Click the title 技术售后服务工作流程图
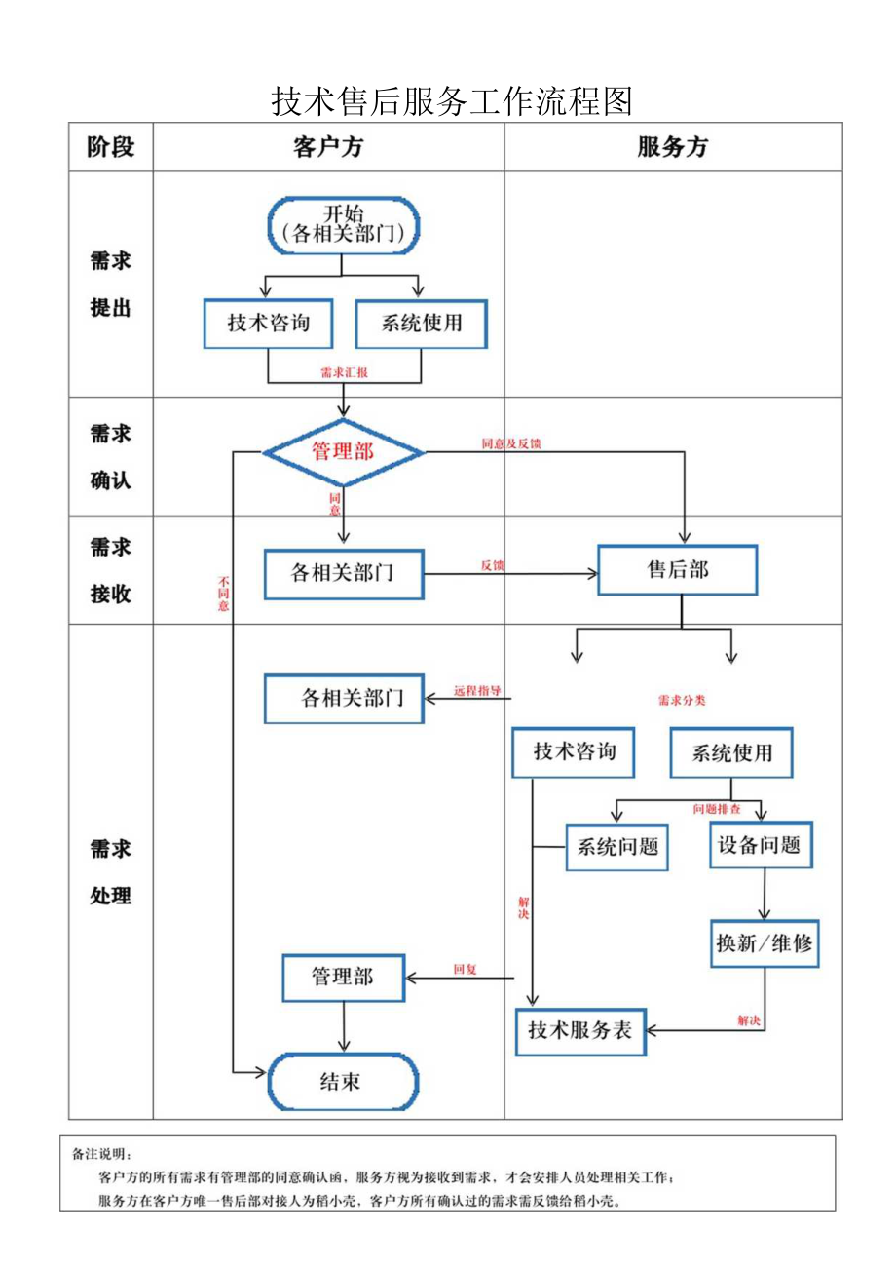click(x=452, y=100)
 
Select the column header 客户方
click(x=328, y=147)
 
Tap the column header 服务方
click(x=672, y=147)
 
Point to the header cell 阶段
click(x=110, y=147)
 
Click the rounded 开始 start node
click(x=343, y=224)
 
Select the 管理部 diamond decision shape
click(x=343, y=452)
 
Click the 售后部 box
click(x=678, y=570)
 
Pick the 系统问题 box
click(x=617, y=846)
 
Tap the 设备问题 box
click(x=760, y=844)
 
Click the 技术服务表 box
click(x=580, y=1029)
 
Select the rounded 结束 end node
click(x=343, y=1081)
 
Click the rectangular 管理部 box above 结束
click(x=343, y=977)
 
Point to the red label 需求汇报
click(x=344, y=372)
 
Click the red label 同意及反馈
click(x=511, y=443)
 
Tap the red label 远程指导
click(x=477, y=691)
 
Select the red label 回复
click(x=465, y=969)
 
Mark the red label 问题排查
click(x=717, y=809)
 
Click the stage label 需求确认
click(x=110, y=456)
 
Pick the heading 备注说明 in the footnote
click(x=101, y=1154)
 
